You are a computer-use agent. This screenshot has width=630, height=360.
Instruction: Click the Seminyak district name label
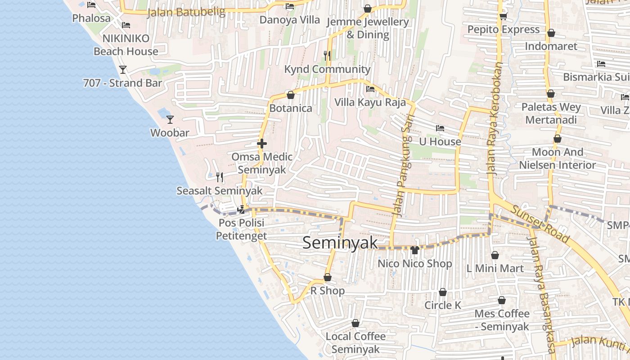click(340, 243)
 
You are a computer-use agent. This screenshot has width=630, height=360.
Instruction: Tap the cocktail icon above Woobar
click(170, 119)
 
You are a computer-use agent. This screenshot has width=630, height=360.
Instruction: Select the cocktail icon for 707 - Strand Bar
click(122, 69)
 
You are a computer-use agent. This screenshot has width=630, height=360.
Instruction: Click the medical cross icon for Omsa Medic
click(261, 144)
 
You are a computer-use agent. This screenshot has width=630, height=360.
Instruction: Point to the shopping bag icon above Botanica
click(291, 95)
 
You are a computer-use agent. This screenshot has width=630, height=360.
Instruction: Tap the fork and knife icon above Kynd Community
click(327, 56)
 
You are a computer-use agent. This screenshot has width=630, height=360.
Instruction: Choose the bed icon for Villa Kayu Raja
click(370, 89)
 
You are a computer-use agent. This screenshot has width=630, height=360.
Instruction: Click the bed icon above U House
click(440, 129)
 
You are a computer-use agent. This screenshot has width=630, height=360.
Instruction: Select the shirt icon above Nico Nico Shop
click(415, 250)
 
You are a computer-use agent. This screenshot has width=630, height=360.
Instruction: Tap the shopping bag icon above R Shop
click(328, 278)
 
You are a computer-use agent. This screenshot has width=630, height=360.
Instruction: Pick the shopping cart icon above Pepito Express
click(503, 17)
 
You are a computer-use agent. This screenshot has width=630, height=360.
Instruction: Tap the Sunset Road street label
click(540, 224)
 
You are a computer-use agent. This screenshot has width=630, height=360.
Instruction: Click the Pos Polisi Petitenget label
click(241, 229)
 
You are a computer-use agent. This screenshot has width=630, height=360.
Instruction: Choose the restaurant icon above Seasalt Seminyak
click(219, 177)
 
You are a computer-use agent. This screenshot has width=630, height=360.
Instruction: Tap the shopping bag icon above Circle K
click(443, 292)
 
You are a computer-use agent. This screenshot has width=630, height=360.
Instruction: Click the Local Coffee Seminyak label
click(355, 342)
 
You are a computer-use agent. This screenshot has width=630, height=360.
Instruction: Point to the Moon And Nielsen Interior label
click(558, 158)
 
